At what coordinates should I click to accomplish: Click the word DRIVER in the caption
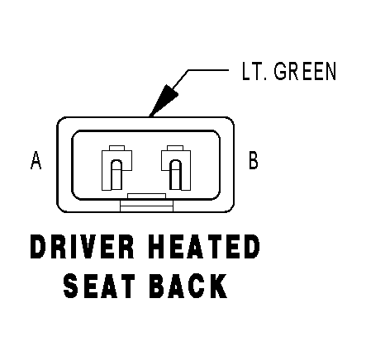[x=82, y=247]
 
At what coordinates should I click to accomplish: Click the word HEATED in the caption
[x=204, y=247]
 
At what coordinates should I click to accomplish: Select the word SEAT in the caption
[x=99, y=287]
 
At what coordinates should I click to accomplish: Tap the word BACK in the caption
[x=188, y=287]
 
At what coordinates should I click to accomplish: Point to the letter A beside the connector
[x=36, y=160]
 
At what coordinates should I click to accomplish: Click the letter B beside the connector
[x=254, y=160]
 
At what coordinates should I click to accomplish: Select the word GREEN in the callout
[x=305, y=71]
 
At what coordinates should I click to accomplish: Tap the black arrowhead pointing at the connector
[x=164, y=100]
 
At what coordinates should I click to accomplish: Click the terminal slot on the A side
[x=116, y=175]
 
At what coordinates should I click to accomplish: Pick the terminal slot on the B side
[x=175, y=175]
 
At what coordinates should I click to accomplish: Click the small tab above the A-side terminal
[x=116, y=148]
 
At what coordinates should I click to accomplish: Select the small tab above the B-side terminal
[x=175, y=148]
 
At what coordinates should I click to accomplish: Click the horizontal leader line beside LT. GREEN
[x=208, y=70]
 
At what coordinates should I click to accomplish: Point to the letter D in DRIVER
[x=37, y=247]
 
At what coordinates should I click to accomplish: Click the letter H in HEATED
[x=157, y=247]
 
